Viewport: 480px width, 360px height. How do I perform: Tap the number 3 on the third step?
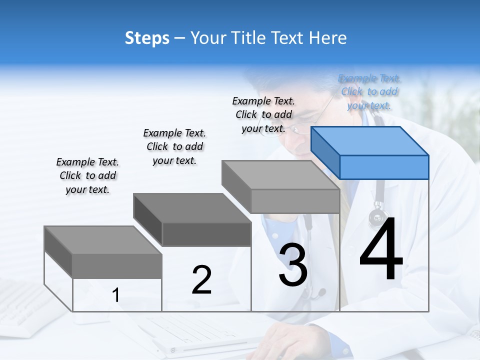(293, 265)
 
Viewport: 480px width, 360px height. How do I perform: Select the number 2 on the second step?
(201, 280)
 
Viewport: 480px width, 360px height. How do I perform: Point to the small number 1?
(116, 295)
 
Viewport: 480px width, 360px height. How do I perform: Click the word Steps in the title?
(147, 38)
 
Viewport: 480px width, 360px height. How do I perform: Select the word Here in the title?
(328, 38)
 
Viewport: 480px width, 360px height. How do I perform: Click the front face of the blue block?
(384, 167)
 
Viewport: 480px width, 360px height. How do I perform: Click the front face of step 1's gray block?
(117, 266)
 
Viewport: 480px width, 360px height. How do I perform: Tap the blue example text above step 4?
(369, 91)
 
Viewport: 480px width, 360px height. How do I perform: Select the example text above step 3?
(263, 114)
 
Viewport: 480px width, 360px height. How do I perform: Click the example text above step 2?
(174, 146)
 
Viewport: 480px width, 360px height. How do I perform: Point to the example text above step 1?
(87, 175)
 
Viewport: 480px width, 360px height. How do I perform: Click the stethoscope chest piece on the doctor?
(378, 217)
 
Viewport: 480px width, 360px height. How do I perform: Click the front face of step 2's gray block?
(206, 234)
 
